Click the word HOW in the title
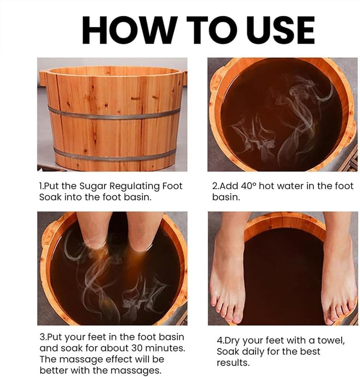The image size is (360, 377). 128,31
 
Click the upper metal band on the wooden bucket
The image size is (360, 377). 114,114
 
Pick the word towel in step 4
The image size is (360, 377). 331,341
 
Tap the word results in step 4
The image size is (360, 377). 233,363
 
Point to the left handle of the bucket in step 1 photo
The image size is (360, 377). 42,77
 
